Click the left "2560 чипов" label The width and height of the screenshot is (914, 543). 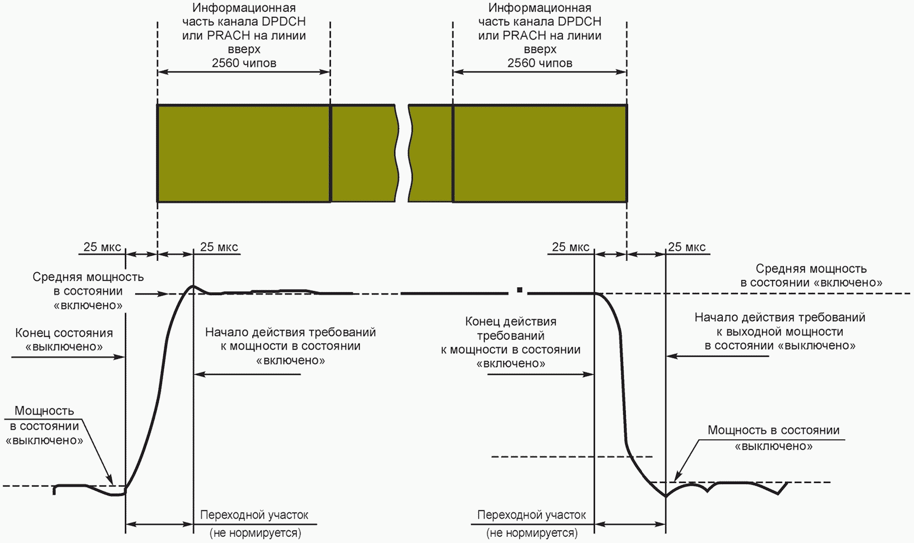pos(244,63)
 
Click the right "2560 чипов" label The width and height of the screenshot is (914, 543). pos(539,63)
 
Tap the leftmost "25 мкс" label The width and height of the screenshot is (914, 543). pos(102,247)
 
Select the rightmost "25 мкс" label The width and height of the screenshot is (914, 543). pos(686,247)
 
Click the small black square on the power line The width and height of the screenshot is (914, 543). pos(520,290)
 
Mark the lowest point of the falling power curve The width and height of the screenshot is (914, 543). pos(666,496)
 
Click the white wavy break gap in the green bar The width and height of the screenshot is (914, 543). pos(403,153)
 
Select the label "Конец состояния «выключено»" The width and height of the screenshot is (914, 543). pos(64,339)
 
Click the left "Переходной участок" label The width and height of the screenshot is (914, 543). pos(254,514)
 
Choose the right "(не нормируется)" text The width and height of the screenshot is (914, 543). pos(532,532)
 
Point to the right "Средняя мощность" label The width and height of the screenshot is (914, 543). pos(811,269)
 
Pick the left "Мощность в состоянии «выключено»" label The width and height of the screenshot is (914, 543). pos(44,425)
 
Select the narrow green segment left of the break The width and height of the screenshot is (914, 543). pos(363,153)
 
